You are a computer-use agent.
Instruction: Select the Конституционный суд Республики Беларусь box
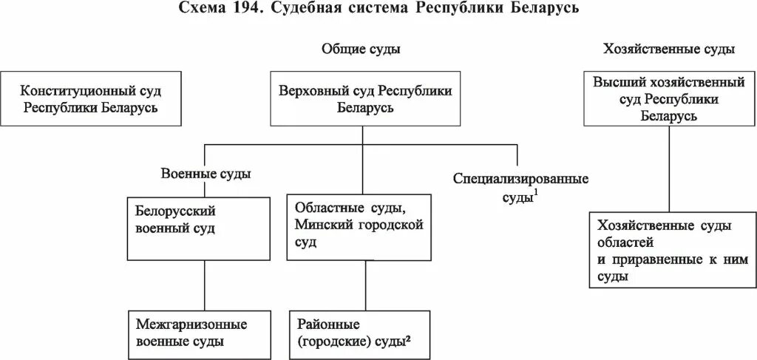(92, 99)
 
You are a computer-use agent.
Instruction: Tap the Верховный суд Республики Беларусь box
(365, 99)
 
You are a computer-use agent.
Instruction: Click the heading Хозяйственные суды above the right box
(668, 50)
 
